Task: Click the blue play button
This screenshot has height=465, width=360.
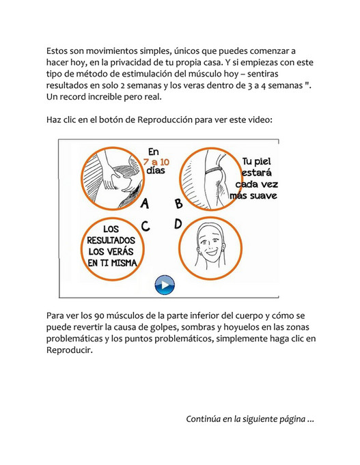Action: point(165,285)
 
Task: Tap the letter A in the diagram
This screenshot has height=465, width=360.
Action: point(144,203)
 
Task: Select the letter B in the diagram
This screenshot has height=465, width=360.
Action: point(178,203)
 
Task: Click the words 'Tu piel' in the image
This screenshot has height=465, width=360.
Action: point(256,161)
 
